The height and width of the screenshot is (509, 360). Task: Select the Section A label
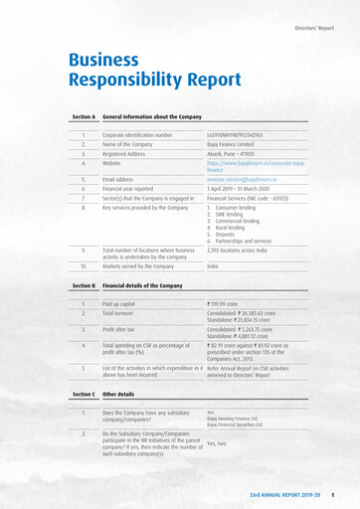click(x=84, y=116)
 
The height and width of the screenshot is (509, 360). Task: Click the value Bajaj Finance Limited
click(x=232, y=143)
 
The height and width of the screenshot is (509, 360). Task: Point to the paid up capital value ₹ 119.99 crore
click(x=230, y=303)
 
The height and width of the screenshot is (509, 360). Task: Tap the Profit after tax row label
click(x=121, y=330)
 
